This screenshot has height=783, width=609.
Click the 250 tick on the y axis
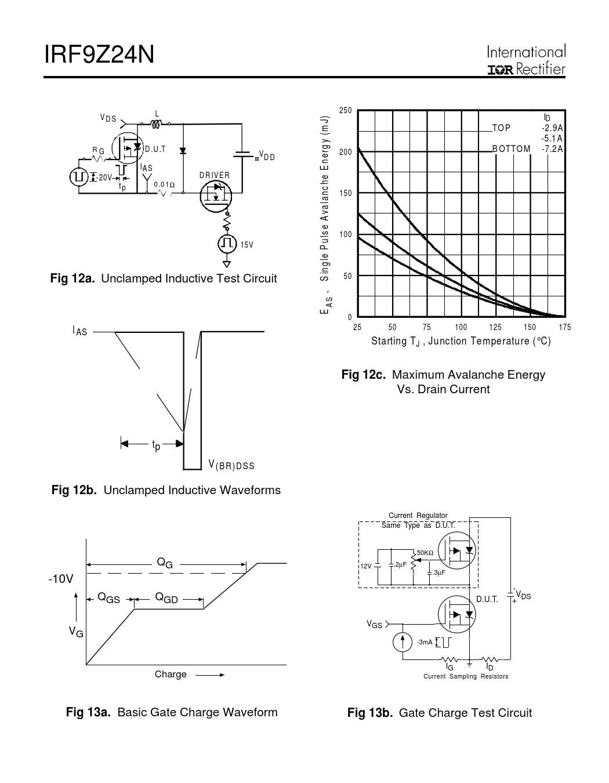point(346,111)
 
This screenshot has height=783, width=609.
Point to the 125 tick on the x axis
point(495,328)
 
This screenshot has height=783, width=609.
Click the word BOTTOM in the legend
point(511,149)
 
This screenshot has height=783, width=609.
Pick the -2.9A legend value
point(552,128)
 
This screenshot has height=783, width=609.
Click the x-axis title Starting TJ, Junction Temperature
point(461,341)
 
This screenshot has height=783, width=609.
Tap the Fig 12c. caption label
point(364,375)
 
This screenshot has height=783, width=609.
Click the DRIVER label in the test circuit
point(215,175)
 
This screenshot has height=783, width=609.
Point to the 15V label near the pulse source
point(247,245)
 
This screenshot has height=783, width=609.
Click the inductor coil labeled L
point(155,124)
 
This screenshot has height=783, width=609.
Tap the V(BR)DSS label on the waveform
point(231,465)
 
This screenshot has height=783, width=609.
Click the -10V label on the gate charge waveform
point(61,579)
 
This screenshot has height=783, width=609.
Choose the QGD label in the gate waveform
point(166,599)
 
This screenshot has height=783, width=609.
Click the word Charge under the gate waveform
point(171,675)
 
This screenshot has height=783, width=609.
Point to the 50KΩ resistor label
point(425,553)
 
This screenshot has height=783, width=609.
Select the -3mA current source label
point(425,642)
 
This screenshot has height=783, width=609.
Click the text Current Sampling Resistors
point(466,676)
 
